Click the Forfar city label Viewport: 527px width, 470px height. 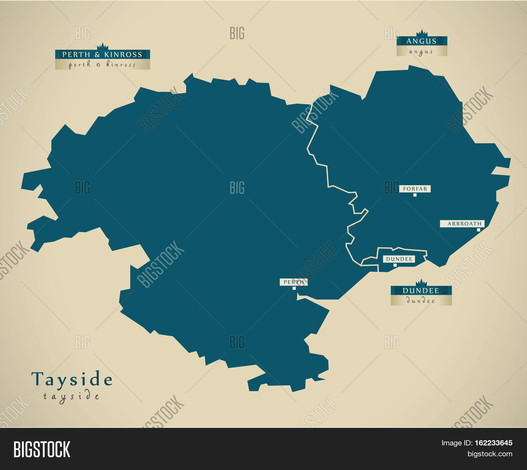415,189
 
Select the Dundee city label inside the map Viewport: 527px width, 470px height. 399,259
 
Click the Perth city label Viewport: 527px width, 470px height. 294,282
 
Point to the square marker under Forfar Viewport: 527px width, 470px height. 415,195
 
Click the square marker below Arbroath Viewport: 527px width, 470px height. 479,230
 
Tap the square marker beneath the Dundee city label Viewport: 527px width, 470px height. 395,265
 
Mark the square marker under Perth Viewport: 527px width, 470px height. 294,288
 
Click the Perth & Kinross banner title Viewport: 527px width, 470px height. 102,54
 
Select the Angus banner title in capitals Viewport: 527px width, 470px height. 421,41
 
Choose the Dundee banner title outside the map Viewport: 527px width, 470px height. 421,291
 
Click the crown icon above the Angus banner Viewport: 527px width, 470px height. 422,33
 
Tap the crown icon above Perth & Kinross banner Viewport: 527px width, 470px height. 102,47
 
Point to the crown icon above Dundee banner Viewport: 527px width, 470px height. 421,282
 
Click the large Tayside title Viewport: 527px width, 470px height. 72,379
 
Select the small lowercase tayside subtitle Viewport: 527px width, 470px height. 71,397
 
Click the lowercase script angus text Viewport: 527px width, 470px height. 421,52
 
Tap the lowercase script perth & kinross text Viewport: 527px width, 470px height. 102,65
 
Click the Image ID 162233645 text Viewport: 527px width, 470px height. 477,443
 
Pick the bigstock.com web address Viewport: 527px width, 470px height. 489,454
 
